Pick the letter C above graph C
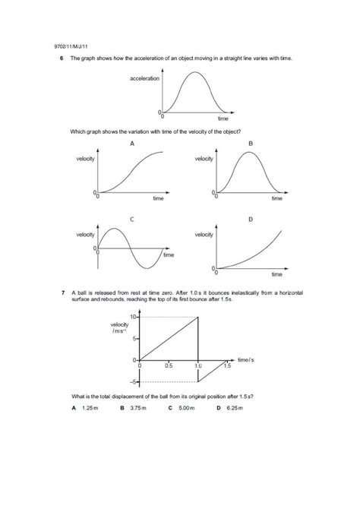(x=132, y=220)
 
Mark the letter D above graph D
(x=250, y=220)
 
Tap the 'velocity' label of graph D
(x=204, y=235)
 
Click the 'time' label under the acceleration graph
(x=223, y=119)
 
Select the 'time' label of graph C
(x=169, y=255)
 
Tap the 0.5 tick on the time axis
(x=168, y=365)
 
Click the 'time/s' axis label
(x=245, y=358)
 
